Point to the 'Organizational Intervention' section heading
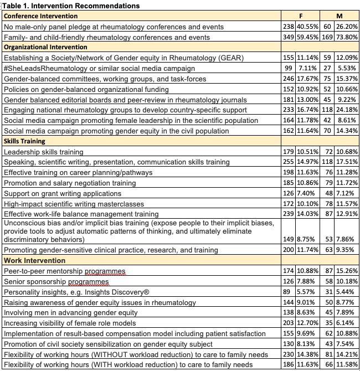pos(49,47)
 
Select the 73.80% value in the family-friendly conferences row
pos(348,37)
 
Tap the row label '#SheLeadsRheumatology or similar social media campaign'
pos(99,68)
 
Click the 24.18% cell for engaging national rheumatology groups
pos(348,110)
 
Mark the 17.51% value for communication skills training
pos(348,162)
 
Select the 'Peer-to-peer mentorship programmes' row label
pos(65,271)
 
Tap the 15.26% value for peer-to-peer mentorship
pos(348,271)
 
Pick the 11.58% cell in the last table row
pos(348,365)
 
